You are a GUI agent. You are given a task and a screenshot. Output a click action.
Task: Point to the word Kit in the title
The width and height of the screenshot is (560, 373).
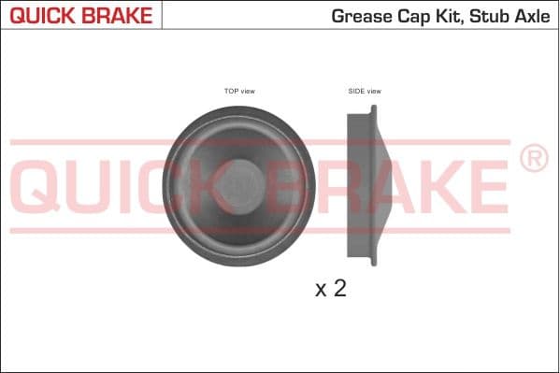click(x=445, y=16)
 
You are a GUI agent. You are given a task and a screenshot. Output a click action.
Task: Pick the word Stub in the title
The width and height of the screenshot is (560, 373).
click(x=486, y=16)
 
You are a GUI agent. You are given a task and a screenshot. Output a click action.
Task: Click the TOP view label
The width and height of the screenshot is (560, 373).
click(x=239, y=91)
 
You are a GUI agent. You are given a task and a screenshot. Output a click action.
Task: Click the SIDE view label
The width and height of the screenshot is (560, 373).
click(x=365, y=91)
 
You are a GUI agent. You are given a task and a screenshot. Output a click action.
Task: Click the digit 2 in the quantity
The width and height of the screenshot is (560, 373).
click(x=339, y=288)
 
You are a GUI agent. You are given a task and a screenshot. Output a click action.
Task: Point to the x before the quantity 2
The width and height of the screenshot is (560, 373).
click(x=321, y=290)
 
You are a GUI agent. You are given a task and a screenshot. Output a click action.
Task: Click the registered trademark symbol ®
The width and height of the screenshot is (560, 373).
click(x=533, y=160)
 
